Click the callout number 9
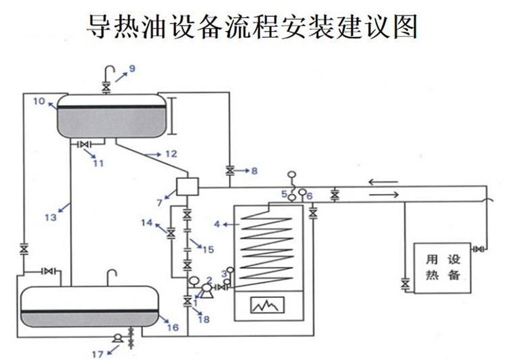coord(132,68)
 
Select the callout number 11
coord(98,162)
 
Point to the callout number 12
coord(170,154)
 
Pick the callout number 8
coord(254,171)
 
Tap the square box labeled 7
coord(184,185)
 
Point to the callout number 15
coord(208,249)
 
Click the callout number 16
coord(173,328)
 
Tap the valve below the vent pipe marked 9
coord(105,88)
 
